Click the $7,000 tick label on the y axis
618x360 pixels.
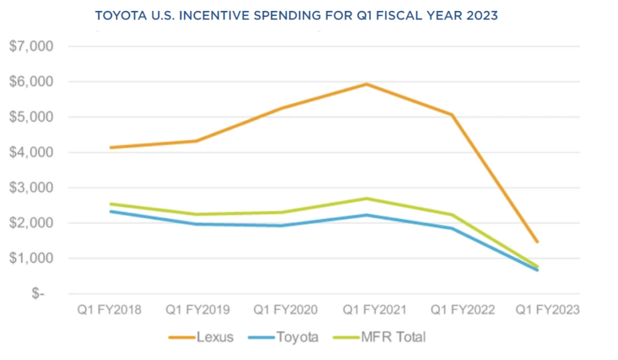pyautogui.click(x=31, y=46)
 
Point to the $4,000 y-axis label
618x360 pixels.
pyautogui.click(x=31, y=152)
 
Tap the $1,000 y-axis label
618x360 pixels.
pyautogui.click(x=31, y=258)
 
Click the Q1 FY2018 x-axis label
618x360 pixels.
pyautogui.click(x=109, y=310)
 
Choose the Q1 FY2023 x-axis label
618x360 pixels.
pyautogui.click(x=548, y=310)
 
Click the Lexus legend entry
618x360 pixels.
pyautogui.click(x=215, y=337)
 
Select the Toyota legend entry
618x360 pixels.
pyautogui.click(x=297, y=337)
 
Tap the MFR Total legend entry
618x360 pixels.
pyautogui.click(x=393, y=337)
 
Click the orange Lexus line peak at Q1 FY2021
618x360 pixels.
pyautogui.click(x=365, y=84)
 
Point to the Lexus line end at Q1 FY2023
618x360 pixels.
pyautogui.click(x=537, y=242)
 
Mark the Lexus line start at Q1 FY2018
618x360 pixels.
pyautogui.click(x=110, y=148)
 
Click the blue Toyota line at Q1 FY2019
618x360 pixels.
pyautogui.click(x=198, y=224)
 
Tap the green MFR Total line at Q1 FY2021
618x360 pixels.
pyautogui.click(x=365, y=199)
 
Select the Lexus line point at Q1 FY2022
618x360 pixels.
pyautogui.click(x=451, y=115)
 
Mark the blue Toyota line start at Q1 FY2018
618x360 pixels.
pyautogui.click(x=110, y=211)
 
